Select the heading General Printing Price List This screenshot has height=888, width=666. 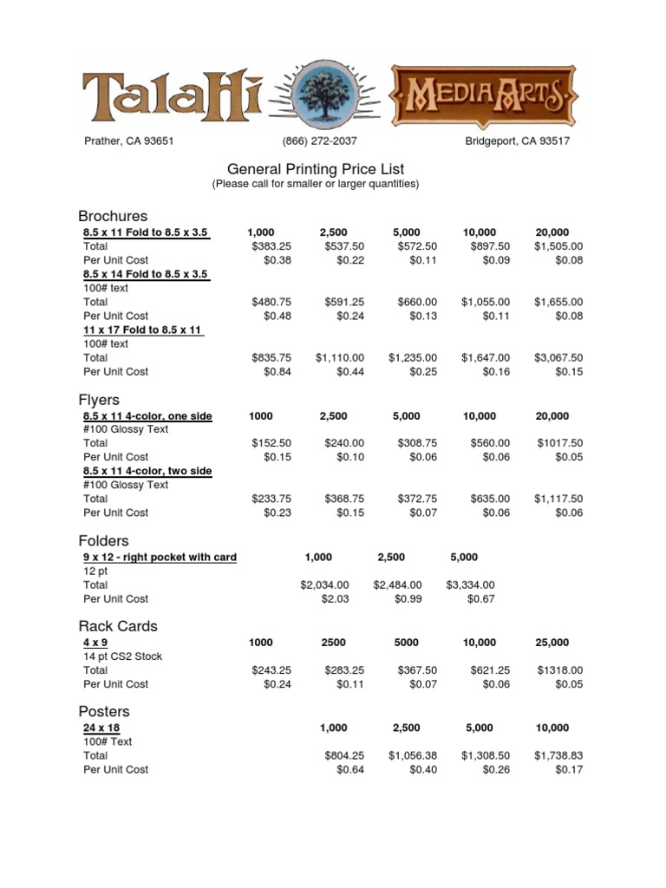click(x=315, y=169)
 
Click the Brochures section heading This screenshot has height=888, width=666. click(x=113, y=216)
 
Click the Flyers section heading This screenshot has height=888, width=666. click(x=99, y=401)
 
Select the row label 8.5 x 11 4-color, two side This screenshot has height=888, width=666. click(x=147, y=471)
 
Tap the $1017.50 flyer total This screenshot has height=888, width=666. click(x=560, y=442)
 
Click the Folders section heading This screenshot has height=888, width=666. click(x=103, y=541)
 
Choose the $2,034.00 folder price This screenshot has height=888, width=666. click(x=324, y=585)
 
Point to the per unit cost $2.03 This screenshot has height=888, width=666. click(x=334, y=599)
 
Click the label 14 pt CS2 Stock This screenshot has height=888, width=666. click(x=123, y=656)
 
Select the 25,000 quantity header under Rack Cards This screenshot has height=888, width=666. click(x=552, y=643)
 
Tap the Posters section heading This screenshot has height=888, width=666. click(x=104, y=712)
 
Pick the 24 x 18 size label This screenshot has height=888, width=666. click(x=101, y=728)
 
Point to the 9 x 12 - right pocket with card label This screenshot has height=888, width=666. click(x=160, y=557)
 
